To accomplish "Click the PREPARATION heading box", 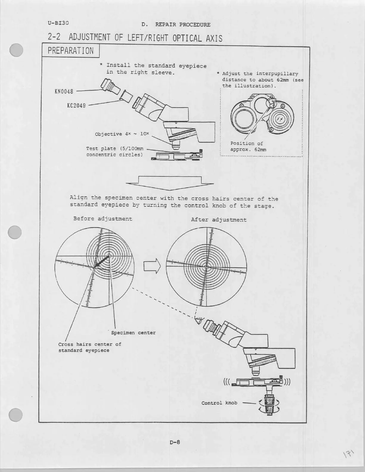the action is [71, 51].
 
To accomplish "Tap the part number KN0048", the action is [64, 91].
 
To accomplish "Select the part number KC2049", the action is [76, 105].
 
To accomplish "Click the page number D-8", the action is [175, 442].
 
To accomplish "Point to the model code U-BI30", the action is [58, 23].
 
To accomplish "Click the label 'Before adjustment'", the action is [102, 219].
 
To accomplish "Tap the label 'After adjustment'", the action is [219, 220].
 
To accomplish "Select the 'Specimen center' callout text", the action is [133, 333].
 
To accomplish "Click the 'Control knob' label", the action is [219, 403].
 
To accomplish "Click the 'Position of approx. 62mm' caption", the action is [248, 146].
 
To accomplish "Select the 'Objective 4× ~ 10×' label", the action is [122, 134].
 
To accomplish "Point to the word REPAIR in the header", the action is [165, 25].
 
